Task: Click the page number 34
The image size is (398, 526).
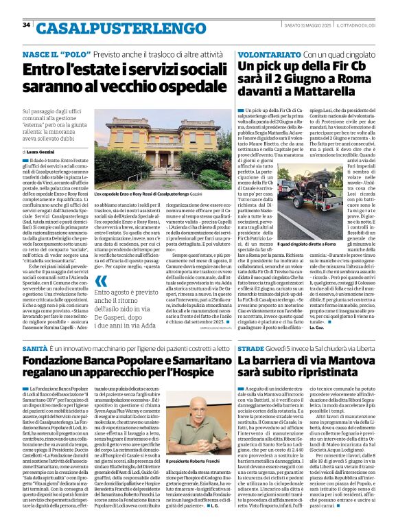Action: pos(27,25)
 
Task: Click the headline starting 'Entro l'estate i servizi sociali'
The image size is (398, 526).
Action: pos(117,77)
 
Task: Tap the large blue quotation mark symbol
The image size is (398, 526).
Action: pos(102,280)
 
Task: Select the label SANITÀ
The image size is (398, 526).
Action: pos(35,350)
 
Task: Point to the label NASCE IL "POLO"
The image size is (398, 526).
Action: pos(61,53)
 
